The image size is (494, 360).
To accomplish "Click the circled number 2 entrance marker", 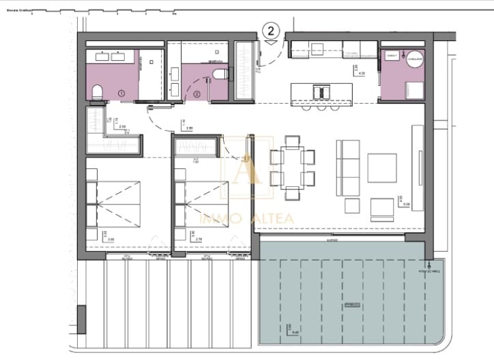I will [x=272, y=31].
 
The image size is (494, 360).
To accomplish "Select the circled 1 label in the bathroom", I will [x=121, y=92].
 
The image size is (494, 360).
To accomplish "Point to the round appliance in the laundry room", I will [x=416, y=59].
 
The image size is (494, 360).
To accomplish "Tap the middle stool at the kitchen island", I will [x=320, y=107].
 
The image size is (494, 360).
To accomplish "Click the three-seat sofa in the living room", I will [x=349, y=165].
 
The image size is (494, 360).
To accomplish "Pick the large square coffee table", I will [x=381, y=167].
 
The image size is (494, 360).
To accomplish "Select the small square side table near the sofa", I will [x=351, y=205].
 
